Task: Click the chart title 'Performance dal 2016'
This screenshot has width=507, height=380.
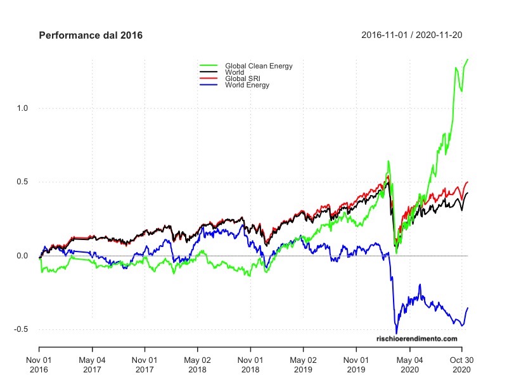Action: (91, 35)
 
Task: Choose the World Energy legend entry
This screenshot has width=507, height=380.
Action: (247, 85)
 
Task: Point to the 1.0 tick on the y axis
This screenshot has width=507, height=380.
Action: (22, 108)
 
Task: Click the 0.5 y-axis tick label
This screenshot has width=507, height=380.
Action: (22, 182)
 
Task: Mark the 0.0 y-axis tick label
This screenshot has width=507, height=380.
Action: (22, 256)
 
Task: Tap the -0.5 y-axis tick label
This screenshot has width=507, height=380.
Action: (21, 329)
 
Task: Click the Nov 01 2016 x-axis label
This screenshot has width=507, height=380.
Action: (39, 364)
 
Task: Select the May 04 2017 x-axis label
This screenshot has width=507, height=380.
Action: (92, 364)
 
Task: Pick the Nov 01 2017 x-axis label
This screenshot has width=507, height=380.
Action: (144, 364)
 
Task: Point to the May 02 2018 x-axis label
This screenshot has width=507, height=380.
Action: (197, 364)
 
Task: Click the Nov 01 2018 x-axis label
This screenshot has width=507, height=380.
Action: (250, 364)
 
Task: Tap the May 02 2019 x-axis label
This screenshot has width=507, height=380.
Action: (303, 364)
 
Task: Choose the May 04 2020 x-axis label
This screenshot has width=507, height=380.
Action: (409, 364)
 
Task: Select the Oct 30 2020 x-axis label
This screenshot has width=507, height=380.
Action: (461, 364)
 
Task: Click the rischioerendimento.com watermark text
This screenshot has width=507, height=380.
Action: (416, 339)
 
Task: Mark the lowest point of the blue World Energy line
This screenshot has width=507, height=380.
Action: (397, 333)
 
